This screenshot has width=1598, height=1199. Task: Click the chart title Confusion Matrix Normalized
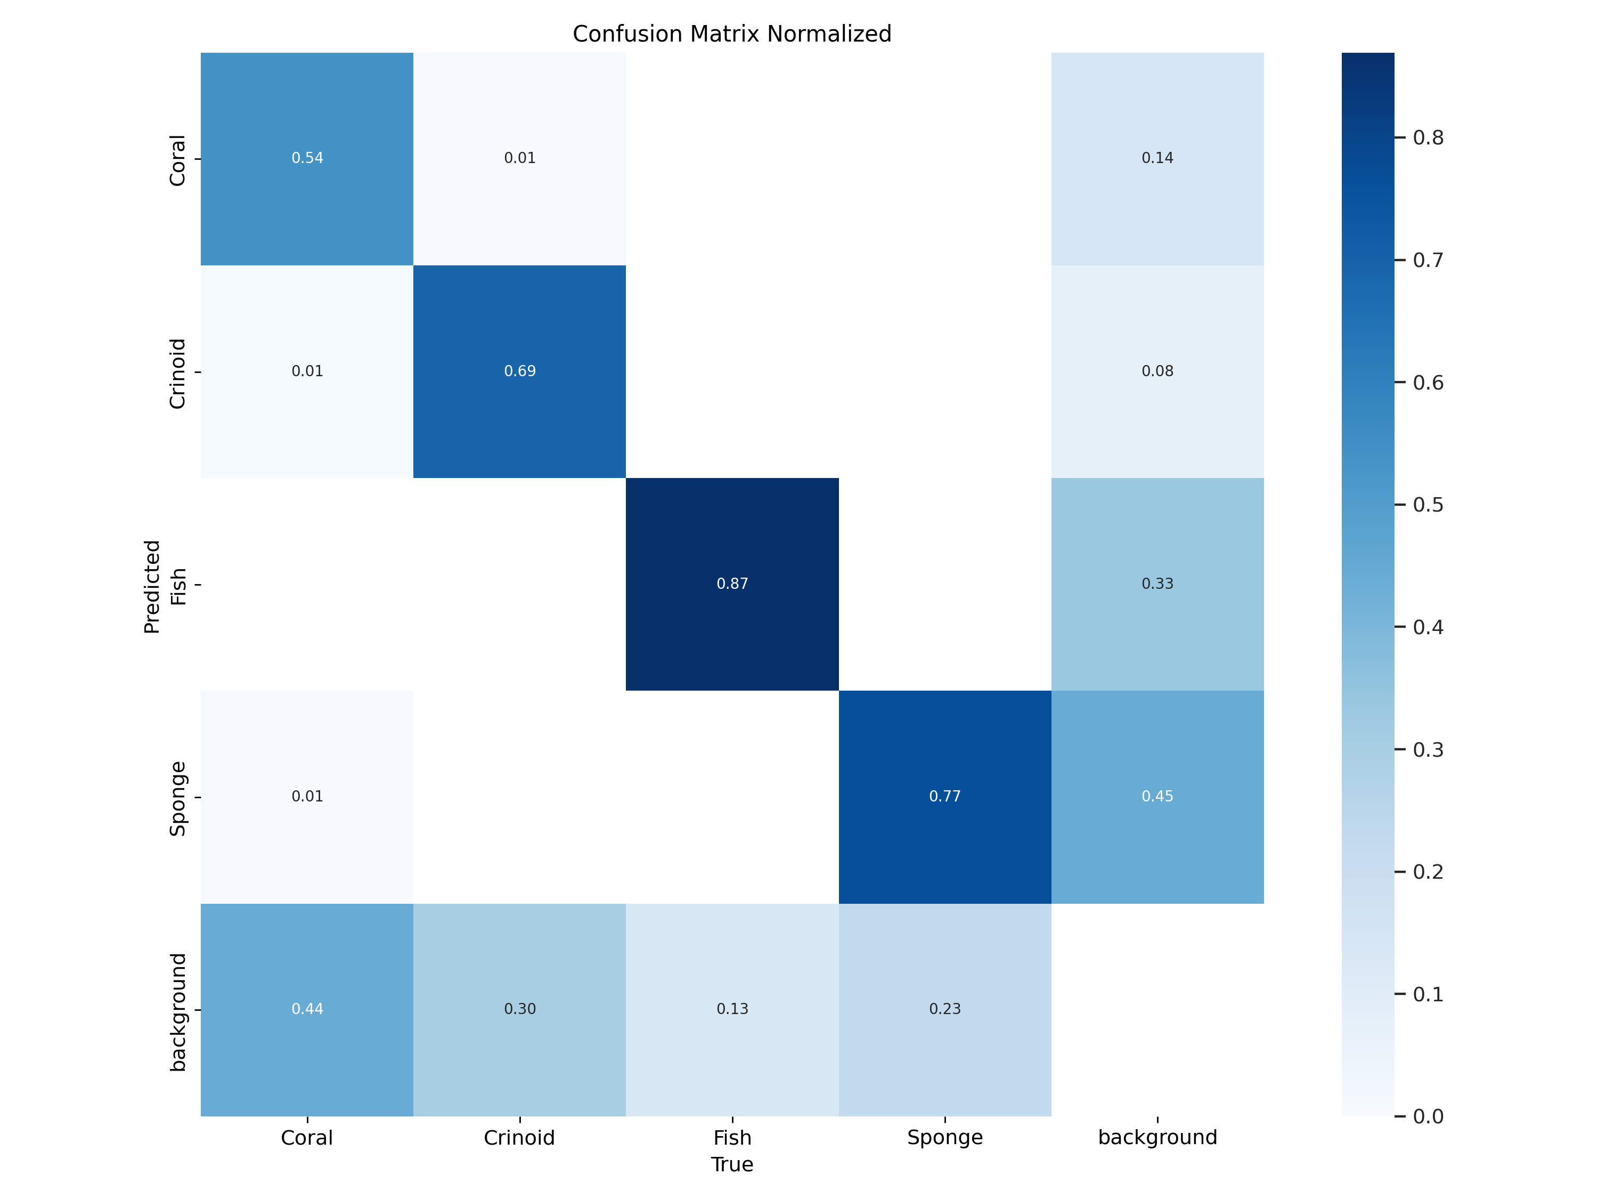click(732, 34)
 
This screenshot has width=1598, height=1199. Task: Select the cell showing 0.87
click(732, 584)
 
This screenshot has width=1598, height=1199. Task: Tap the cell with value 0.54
click(307, 158)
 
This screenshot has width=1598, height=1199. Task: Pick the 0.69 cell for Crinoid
click(519, 371)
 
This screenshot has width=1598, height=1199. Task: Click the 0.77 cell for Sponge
click(944, 797)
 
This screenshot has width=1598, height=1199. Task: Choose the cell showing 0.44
click(307, 1009)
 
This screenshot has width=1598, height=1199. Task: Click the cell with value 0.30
click(519, 1009)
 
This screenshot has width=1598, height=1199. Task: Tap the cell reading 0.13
click(732, 1009)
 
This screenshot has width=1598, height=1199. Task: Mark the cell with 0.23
click(944, 1009)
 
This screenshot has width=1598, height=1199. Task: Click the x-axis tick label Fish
click(732, 1138)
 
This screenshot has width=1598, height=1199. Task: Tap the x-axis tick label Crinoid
click(519, 1138)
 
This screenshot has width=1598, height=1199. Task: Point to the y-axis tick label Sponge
click(178, 799)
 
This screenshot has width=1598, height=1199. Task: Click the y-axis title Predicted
click(152, 586)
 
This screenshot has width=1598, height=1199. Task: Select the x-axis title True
click(732, 1164)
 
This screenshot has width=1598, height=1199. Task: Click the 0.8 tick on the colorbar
click(1428, 137)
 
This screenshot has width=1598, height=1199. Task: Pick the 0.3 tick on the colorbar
click(1428, 749)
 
